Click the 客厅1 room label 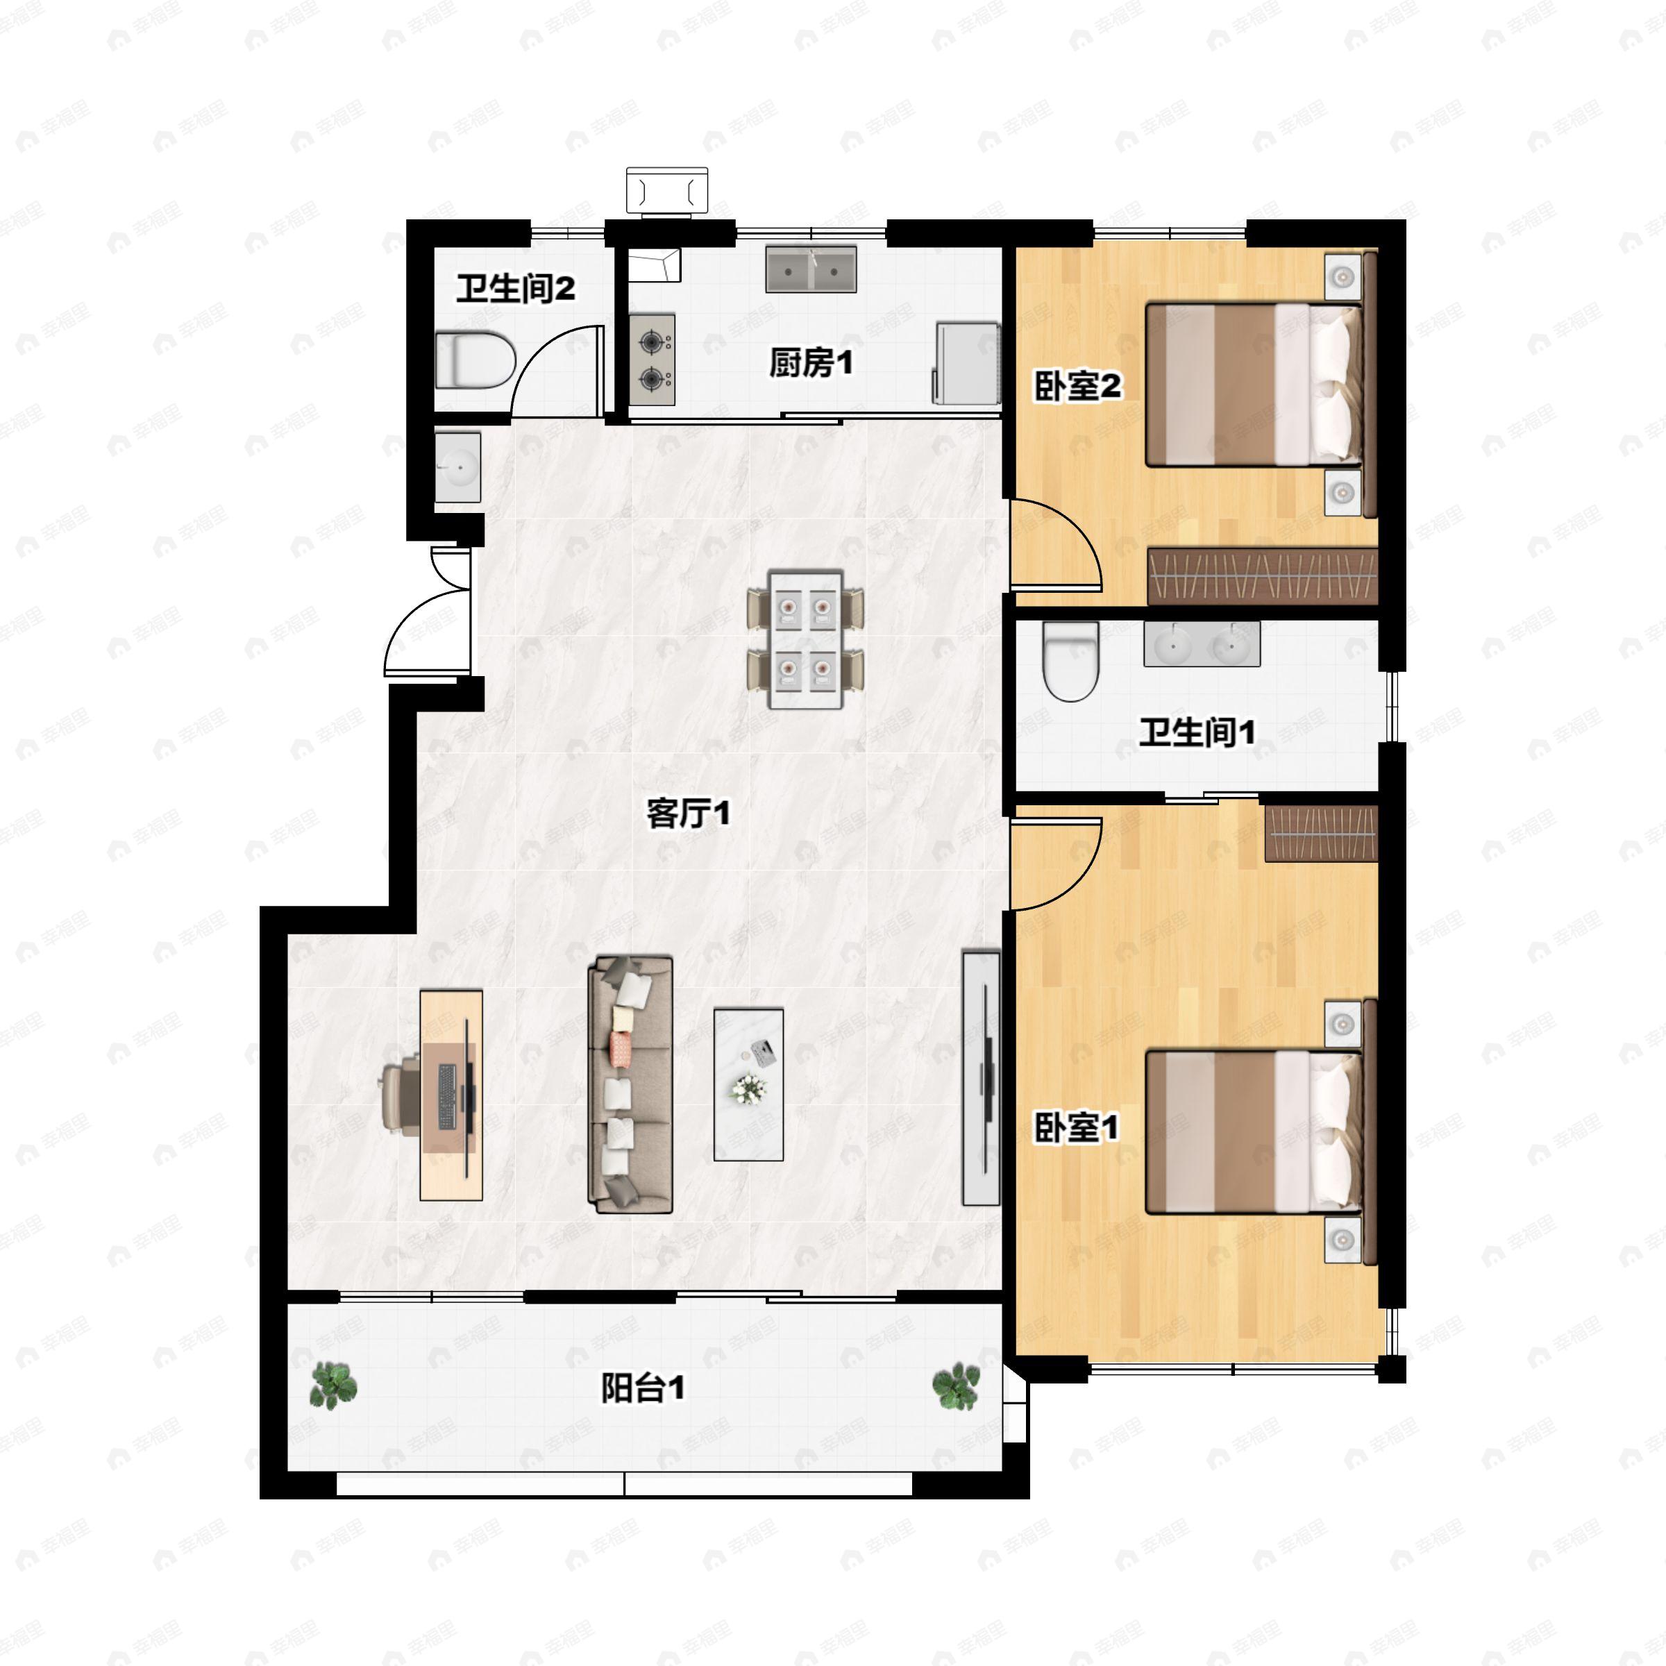(x=688, y=812)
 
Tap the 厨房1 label (x=811, y=363)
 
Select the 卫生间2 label (x=515, y=288)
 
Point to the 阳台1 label (x=642, y=1388)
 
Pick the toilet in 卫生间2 (x=475, y=360)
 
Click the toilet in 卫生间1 (x=1070, y=662)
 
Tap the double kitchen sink (x=811, y=269)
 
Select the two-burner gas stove (x=652, y=360)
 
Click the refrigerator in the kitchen (x=967, y=362)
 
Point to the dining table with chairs (x=805, y=639)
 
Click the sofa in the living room (x=630, y=1085)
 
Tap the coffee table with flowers (x=748, y=1085)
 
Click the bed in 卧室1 (x=1256, y=1131)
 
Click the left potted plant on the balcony (x=333, y=1386)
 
